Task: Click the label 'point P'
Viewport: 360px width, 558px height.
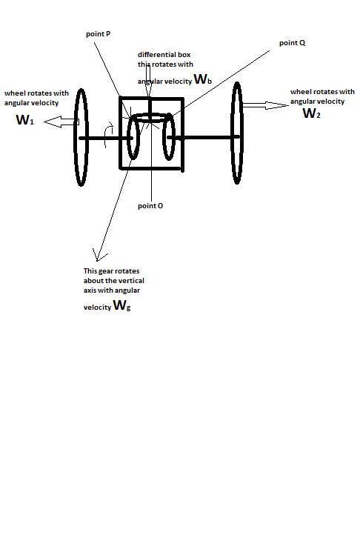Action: (99, 35)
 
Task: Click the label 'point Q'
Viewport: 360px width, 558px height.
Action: (293, 43)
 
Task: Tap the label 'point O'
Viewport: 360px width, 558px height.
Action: (150, 205)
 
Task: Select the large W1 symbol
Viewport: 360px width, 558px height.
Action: (24, 119)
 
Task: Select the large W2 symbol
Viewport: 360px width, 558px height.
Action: (312, 113)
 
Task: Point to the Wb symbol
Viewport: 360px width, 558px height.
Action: (202, 79)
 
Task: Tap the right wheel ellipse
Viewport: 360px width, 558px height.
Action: (237, 133)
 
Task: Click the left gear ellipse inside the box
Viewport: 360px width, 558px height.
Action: (134, 137)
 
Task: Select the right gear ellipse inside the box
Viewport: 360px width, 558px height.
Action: (170, 136)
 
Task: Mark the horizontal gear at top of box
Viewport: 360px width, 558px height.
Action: (150, 118)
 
